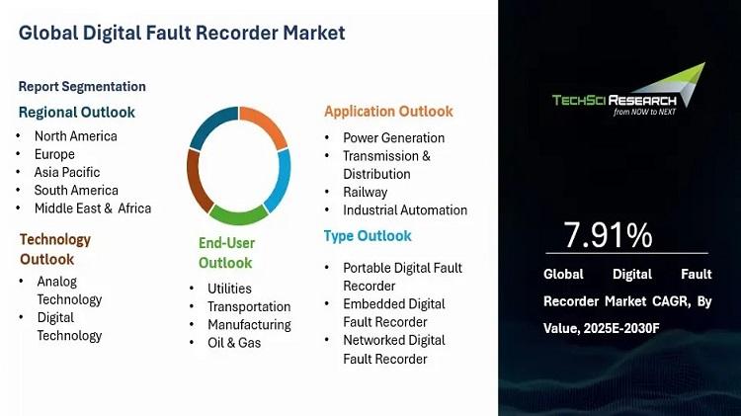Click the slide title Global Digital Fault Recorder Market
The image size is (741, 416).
click(x=182, y=33)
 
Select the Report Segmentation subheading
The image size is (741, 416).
click(x=82, y=87)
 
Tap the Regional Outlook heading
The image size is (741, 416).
click(x=76, y=112)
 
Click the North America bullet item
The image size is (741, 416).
click(x=76, y=136)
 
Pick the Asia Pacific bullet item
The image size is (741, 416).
click(x=67, y=172)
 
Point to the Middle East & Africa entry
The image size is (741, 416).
click(x=93, y=208)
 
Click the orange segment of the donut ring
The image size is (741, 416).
click(x=264, y=125)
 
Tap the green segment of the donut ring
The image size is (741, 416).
click(x=239, y=215)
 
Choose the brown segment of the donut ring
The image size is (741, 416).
click(x=197, y=181)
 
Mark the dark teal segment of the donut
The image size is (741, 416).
click(x=211, y=125)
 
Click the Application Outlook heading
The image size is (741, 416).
click(x=388, y=111)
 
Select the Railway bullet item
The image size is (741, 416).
click(x=366, y=192)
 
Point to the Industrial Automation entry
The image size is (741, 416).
click(x=405, y=209)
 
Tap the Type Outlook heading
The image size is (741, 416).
click(x=368, y=236)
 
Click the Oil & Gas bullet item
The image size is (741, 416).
click(x=234, y=342)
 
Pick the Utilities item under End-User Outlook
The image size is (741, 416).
click(x=229, y=289)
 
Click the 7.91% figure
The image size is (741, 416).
click(x=609, y=235)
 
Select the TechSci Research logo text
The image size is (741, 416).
click(x=615, y=100)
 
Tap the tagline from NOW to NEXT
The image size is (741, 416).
click(x=644, y=112)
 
